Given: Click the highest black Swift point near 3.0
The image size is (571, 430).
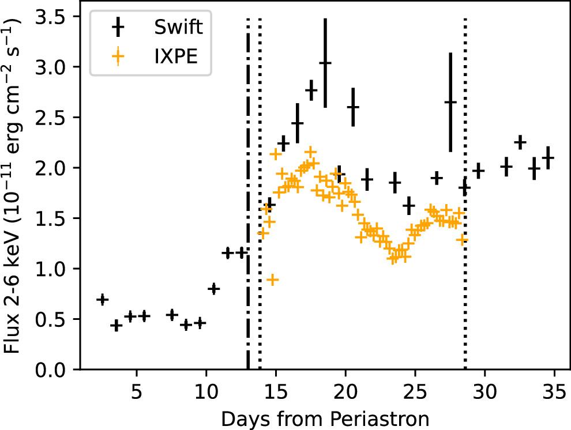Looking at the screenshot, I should (x=325, y=63).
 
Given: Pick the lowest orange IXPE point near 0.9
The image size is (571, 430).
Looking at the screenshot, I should (x=273, y=280).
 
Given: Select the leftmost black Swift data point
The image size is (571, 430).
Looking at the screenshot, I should (x=102, y=299).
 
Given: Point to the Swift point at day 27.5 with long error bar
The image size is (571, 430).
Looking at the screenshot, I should (x=450, y=102).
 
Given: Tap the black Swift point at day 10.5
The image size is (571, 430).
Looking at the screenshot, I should (x=213, y=288).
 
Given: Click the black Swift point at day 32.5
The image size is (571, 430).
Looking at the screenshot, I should (x=520, y=142).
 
